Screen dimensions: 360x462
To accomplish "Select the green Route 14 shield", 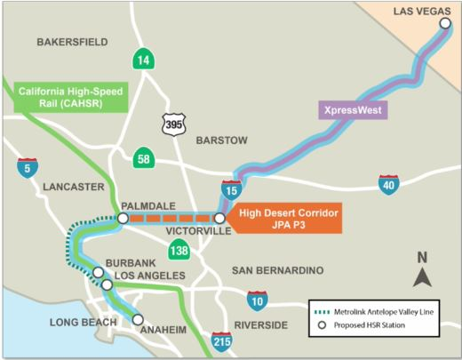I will tap(142, 60).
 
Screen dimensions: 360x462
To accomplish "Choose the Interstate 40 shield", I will tap(387, 185).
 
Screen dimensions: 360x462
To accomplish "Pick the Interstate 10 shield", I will tap(258, 300).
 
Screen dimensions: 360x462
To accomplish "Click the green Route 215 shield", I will tap(221, 341).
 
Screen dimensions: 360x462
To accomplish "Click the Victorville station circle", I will tap(219, 218).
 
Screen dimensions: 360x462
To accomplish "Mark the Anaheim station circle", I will tap(138, 318).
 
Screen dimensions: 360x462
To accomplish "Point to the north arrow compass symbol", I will tap(423, 270).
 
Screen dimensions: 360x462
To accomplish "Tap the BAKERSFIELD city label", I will tap(72, 42).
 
